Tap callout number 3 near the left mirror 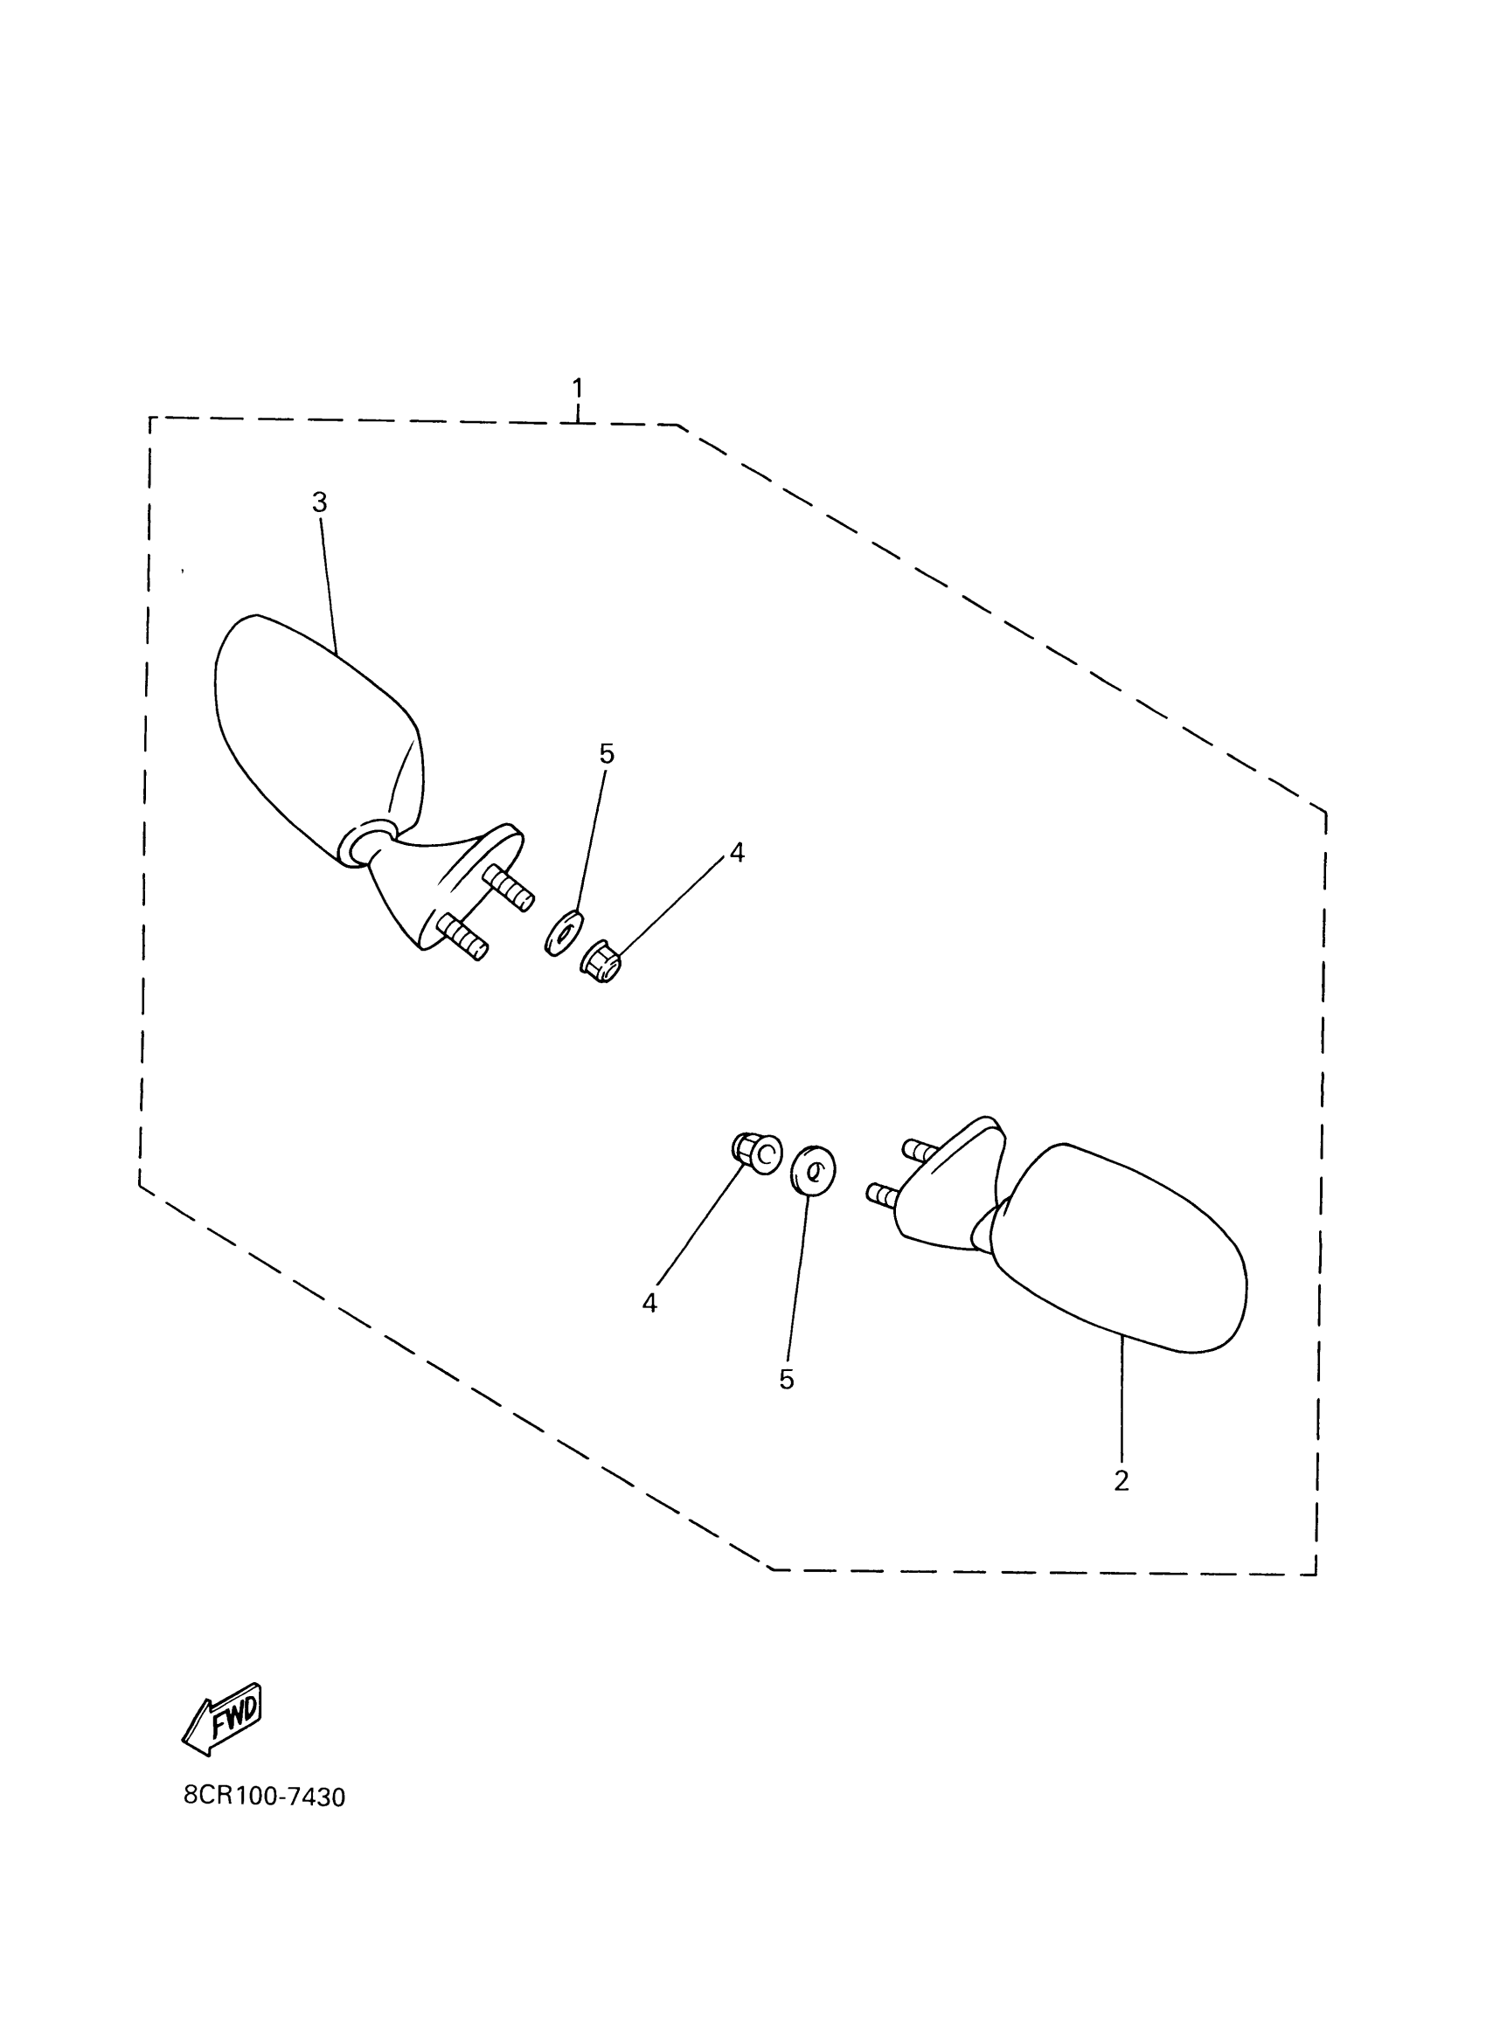point(320,502)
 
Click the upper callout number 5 point(607,754)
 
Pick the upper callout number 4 point(737,852)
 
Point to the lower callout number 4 point(649,1304)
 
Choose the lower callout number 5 point(787,1380)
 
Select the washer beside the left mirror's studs point(564,932)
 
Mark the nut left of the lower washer point(754,1155)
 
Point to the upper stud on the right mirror point(920,1150)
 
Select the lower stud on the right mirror point(884,1195)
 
